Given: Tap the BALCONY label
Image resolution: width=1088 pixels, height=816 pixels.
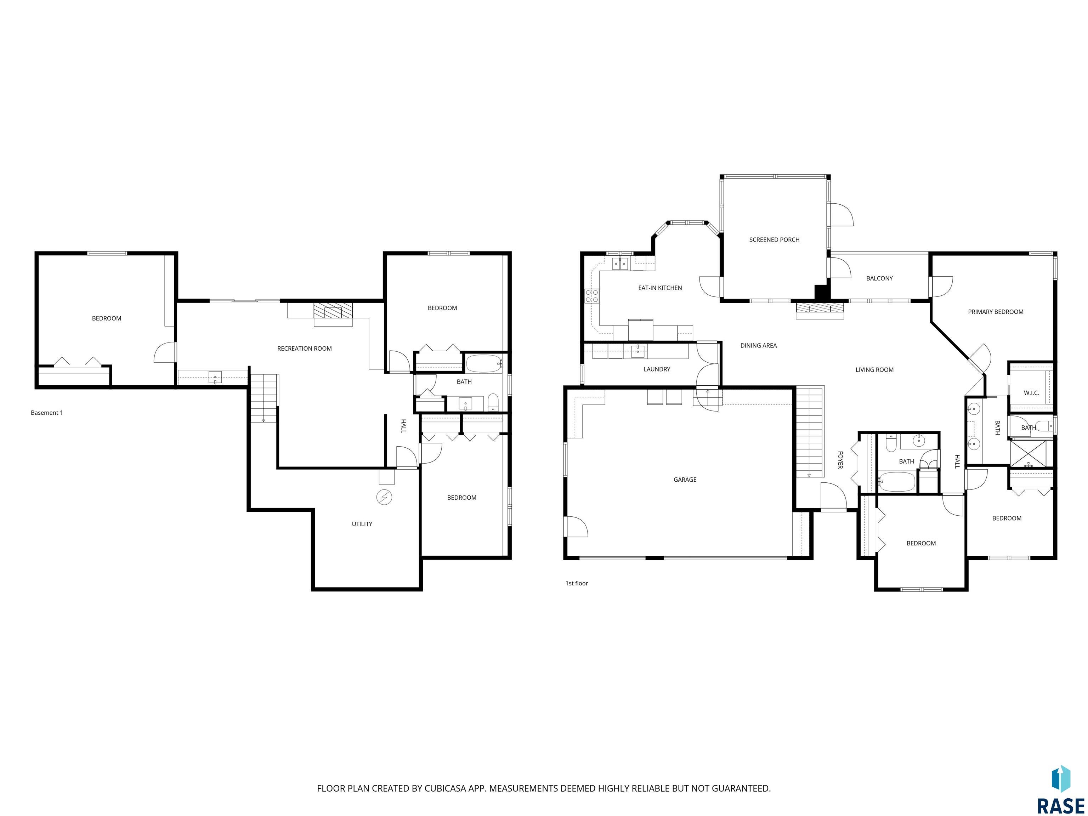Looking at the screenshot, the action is (x=879, y=278).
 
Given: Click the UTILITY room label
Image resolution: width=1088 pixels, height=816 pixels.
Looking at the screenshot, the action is (x=362, y=524).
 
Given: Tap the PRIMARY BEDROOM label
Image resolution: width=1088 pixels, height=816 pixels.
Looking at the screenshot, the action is (x=996, y=312).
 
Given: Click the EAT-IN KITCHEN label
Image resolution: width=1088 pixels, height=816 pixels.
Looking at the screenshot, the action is (x=660, y=288).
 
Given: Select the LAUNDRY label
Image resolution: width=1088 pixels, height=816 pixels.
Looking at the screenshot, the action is (x=657, y=369).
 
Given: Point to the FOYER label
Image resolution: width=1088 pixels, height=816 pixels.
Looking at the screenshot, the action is (x=840, y=460).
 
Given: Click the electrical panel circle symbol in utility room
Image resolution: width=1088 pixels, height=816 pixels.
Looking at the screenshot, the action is (x=384, y=498).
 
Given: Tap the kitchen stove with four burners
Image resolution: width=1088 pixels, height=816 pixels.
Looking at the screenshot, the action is (x=592, y=296).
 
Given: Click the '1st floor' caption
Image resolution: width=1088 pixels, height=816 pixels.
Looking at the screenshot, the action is (x=577, y=583).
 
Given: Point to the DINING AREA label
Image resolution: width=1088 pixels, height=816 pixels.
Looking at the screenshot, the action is (x=759, y=346).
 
